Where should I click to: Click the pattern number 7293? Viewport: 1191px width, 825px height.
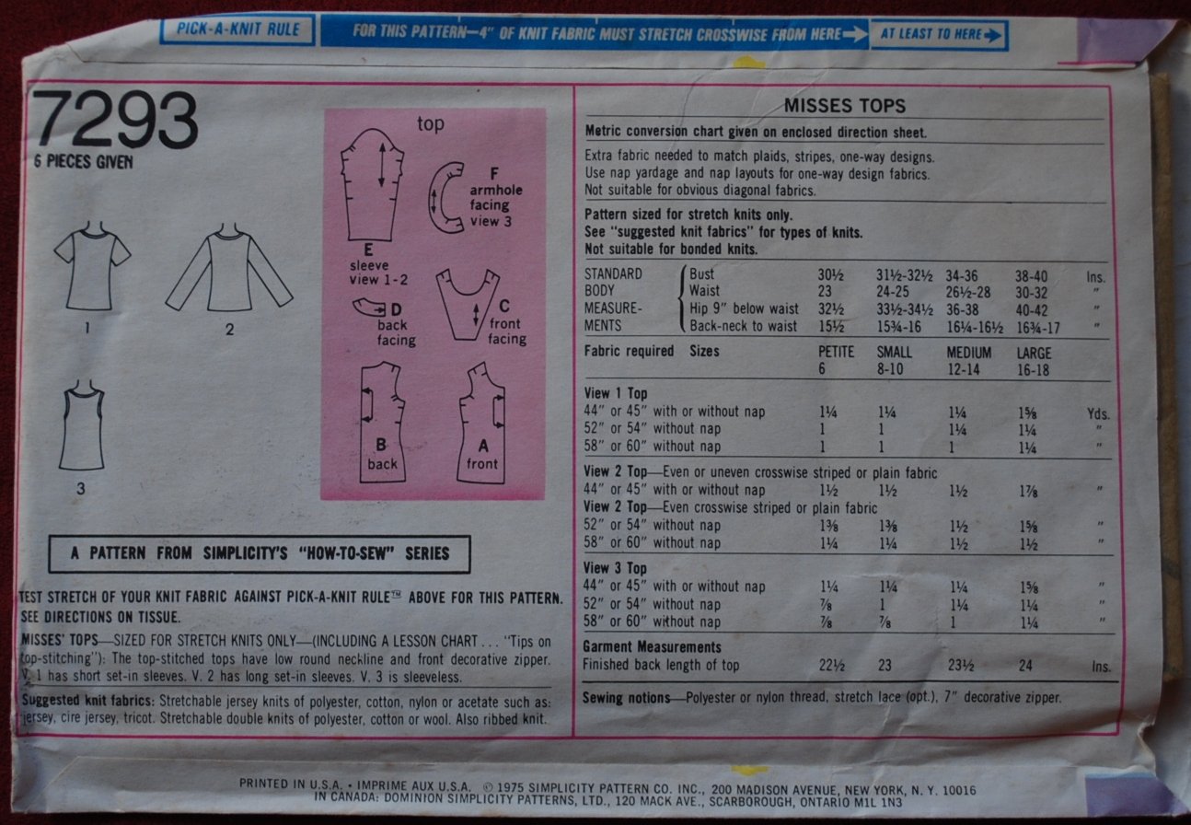[115, 119]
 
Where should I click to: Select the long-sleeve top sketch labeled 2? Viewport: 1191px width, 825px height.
[229, 269]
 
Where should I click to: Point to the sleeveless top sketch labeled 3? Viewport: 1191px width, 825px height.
[83, 425]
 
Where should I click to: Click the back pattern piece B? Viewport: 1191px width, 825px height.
[382, 423]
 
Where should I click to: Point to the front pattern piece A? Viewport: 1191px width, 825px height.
[481, 424]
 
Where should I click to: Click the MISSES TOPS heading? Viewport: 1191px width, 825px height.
[844, 106]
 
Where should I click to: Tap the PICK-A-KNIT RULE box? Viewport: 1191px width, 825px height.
[237, 29]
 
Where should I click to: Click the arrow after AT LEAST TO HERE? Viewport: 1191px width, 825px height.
[992, 36]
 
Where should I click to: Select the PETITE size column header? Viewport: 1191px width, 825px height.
[836, 352]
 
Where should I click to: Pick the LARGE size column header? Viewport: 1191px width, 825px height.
[1035, 354]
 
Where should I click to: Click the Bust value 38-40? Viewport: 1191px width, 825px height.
[1031, 276]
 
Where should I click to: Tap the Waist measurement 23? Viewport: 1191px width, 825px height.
[825, 292]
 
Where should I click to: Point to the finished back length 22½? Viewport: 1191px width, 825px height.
[831, 666]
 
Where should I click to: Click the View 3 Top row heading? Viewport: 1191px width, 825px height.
[615, 568]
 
